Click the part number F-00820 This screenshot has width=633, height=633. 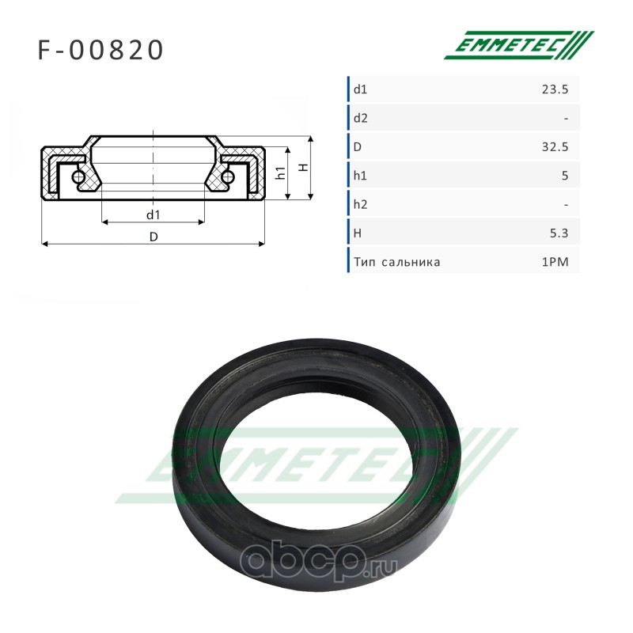pos(100,50)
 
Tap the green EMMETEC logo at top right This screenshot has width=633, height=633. pos(519,45)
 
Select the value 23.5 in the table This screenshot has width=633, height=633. pos(555,89)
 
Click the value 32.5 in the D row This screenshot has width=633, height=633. pos(555,147)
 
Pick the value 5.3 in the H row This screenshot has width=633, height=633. pos(559,233)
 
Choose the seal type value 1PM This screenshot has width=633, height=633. pos(555,262)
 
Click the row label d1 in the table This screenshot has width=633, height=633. pos(360,89)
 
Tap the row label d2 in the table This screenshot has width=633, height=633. pos(361,118)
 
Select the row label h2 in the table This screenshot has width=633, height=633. pos(361,205)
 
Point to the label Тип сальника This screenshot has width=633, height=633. pos(397,262)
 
